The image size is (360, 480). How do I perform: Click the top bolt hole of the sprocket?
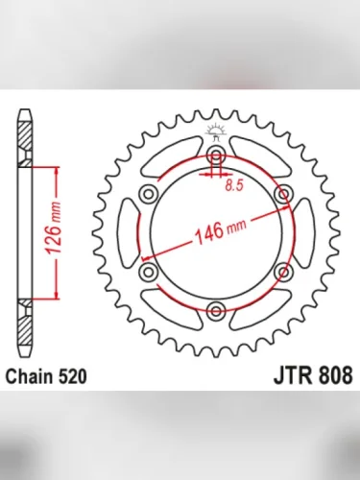pos(215,156)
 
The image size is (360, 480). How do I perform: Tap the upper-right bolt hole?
pos(282,195)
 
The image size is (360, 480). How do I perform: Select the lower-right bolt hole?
pos(282,273)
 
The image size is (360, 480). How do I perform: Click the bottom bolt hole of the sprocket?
pos(215,311)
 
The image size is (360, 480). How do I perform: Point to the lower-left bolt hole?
pos(148,273)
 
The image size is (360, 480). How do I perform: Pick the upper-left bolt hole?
pos(148,195)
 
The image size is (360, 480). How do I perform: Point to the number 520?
pos(73,377)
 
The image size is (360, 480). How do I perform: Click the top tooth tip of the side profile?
pos(24,116)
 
